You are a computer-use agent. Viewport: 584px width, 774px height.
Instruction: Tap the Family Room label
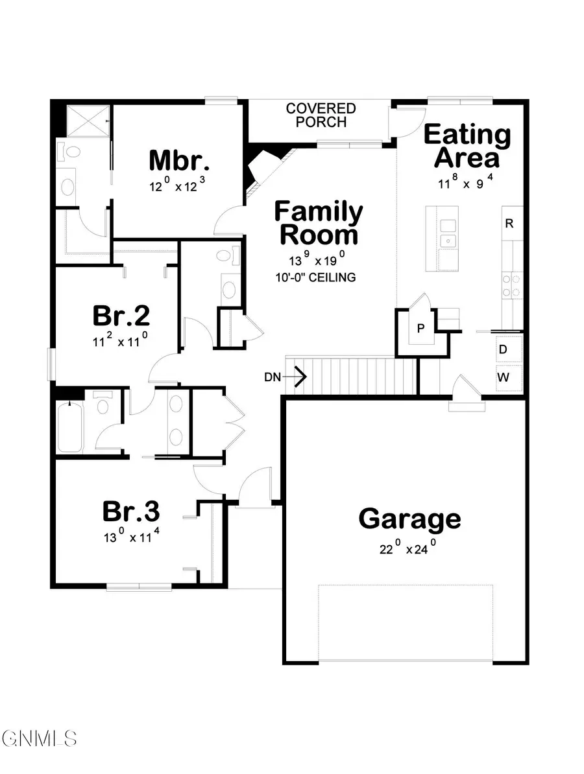tap(318, 222)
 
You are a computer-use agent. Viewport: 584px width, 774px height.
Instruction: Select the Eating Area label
tap(467, 147)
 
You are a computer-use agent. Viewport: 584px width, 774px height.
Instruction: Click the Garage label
tap(409, 519)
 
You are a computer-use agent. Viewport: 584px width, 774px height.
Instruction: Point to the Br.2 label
tap(121, 316)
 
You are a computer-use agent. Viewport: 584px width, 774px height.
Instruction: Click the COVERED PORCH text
tap(321, 115)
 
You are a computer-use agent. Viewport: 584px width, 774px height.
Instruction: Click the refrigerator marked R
tap(509, 224)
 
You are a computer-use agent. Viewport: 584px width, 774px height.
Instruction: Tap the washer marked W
tap(503, 377)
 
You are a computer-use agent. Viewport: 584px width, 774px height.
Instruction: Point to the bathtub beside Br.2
tap(69, 428)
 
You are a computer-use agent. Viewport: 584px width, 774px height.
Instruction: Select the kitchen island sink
tap(447, 233)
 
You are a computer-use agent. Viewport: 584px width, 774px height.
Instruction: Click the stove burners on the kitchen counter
tap(513, 287)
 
